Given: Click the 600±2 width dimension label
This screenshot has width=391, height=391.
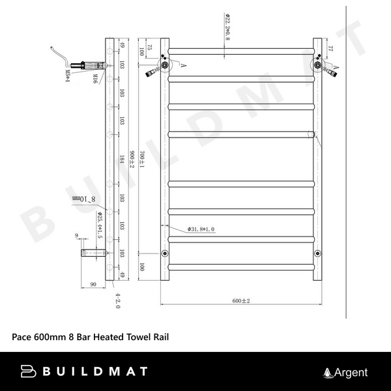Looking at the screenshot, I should [x=241, y=300].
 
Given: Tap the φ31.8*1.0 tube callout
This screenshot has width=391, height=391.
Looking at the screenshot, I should [x=201, y=229].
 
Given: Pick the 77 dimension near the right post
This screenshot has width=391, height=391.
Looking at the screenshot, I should [x=330, y=48].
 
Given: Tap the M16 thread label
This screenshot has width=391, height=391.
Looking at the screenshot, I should [x=94, y=80].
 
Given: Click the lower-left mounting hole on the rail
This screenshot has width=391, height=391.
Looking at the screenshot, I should [x=163, y=253].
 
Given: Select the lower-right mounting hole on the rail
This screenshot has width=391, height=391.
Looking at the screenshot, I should [x=317, y=253].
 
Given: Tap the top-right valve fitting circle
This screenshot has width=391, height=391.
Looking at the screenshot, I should [x=317, y=65].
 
